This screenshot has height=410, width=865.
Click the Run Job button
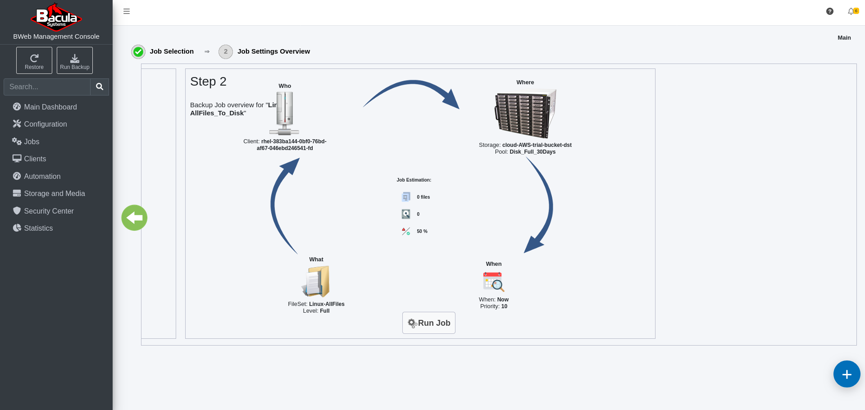(428, 323)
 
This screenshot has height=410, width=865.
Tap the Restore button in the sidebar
(34, 60)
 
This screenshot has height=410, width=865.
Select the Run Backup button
(75, 60)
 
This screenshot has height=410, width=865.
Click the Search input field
(47, 87)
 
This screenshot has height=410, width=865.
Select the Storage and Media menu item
(49, 193)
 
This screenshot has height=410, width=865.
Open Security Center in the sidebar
(43, 211)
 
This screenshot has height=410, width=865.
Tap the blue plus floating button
(847, 374)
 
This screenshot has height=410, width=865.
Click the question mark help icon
(830, 11)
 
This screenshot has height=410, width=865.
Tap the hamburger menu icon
(127, 11)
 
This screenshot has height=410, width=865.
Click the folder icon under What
(316, 282)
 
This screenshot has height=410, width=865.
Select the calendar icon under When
(494, 282)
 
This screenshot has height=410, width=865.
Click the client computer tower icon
(284, 113)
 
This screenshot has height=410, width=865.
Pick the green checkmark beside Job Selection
(138, 52)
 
